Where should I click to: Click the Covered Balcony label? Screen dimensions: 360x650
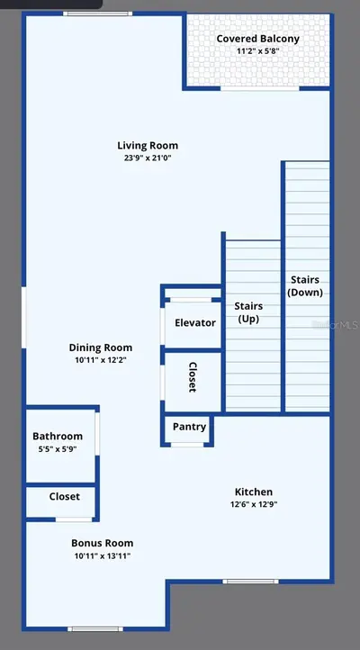click(x=257, y=39)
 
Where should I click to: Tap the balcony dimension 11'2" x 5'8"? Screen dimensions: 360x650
click(x=257, y=52)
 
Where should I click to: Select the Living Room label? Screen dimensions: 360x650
click(x=148, y=146)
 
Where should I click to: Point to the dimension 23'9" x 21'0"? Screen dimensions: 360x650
click(x=148, y=158)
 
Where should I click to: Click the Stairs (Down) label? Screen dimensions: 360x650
click(x=305, y=285)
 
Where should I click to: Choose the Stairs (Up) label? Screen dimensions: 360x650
click(x=248, y=312)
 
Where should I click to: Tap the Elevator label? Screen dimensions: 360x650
click(x=195, y=323)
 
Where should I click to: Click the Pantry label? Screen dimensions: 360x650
click(x=189, y=427)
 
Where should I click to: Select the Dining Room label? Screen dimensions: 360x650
click(x=101, y=348)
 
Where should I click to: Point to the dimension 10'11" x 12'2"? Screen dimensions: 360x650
click(x=101, y=360)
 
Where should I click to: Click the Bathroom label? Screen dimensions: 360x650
click(x=58, y=436)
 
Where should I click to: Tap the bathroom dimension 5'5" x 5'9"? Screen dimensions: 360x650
click(x=58, y=449)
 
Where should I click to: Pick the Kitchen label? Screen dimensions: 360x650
click(x=254, y=492)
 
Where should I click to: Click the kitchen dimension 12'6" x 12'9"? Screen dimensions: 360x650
click(x=254, y=505)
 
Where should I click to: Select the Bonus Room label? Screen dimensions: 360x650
click(x=103, y=543)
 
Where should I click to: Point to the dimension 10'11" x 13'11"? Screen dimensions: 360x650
click(x=103, y=555)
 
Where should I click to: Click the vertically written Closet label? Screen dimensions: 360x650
click(x=193, y=377)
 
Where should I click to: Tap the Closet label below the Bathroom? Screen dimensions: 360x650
click(x=65, y=497)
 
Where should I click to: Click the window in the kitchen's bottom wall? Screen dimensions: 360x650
click(x=250, y=582)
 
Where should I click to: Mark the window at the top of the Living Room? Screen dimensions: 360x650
click(x=98, y=14)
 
